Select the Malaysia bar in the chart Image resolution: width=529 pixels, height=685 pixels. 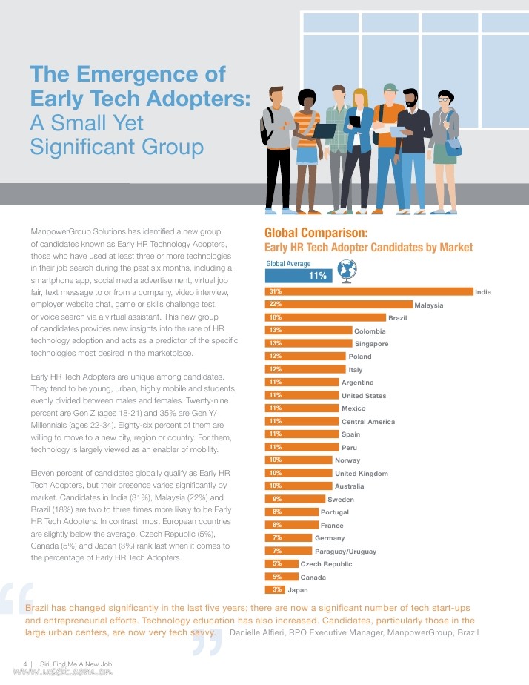[x=339, y=304]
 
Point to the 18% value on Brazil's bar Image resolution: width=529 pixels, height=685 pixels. [x=275, y=317]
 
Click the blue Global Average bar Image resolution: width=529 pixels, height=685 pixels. [x=298, y=276]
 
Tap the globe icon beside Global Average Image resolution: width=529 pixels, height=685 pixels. [x=346, y=270]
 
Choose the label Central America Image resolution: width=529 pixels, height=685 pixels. [x=368, y=422]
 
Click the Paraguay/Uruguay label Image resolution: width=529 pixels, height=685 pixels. [x=345, y=552]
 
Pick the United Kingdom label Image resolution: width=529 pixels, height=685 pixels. [x=362, y=474]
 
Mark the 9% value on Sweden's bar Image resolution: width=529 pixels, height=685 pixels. [x=276, y=499]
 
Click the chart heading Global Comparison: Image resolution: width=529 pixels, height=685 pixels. [x=316, y=233]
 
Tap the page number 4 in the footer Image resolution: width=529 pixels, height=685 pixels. [x=25, y=663]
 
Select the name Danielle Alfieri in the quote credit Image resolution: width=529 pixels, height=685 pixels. [x=263, y=632]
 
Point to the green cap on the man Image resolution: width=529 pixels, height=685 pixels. [x=390, y=87]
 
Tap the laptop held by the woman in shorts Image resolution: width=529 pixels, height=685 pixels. [x=325, y=130]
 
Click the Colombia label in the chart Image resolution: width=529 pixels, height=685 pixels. [x=370, y=331]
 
